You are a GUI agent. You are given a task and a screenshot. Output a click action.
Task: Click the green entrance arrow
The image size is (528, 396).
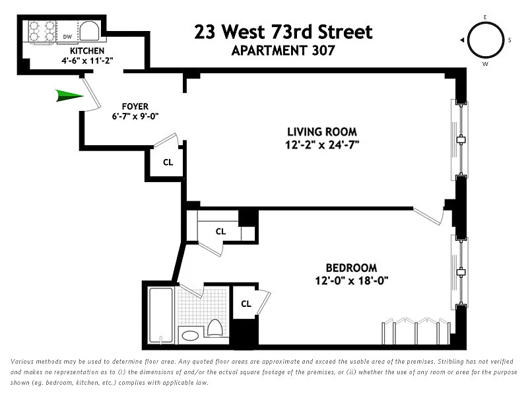coord(69,96)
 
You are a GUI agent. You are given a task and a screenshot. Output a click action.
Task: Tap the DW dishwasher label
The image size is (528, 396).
coord(67,37)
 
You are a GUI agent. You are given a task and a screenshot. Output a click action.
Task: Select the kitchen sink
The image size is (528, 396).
coord(89,31)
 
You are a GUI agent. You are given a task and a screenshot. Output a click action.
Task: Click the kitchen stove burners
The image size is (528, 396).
coord(42,32)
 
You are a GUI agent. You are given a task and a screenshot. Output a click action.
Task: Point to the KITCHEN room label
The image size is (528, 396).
coord(87,51)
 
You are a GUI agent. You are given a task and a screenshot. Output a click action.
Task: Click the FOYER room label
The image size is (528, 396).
coord(135,106)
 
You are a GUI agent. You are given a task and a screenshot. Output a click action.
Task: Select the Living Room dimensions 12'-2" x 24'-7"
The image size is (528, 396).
coord(322,145)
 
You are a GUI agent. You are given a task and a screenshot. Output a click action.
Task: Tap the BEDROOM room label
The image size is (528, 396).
coord(351,268)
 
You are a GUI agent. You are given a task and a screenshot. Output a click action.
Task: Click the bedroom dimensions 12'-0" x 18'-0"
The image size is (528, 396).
coord(352,280)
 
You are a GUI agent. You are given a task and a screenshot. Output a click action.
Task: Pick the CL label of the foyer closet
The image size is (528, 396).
coord(168,162)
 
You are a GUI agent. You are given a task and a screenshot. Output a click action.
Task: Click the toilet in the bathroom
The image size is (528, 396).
coord(214,327)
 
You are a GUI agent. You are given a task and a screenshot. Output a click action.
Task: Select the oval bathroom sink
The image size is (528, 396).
coord(190,336)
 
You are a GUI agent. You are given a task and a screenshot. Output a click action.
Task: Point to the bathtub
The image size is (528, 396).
coord(161,315)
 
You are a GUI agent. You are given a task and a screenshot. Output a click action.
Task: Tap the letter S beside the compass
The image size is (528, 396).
coord(510,40)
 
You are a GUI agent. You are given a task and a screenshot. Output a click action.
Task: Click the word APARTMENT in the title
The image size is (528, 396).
coord(269,51)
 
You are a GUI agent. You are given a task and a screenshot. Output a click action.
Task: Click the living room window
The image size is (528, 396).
coord(460,139)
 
